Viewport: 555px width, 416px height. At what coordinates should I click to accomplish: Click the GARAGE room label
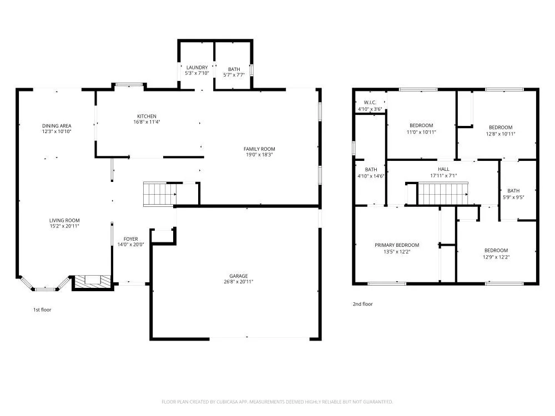(239, 276)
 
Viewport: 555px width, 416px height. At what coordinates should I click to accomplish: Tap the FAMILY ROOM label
(259, 149)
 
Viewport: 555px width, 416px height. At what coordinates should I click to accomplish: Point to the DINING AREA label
(57, 126)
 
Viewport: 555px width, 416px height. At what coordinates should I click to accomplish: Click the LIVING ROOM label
(64, 220)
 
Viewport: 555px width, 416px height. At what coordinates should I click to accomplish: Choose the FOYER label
(130, 239)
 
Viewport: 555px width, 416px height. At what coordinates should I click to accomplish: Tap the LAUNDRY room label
(196, 68)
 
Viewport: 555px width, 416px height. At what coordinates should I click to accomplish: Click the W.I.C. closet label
(370, 103)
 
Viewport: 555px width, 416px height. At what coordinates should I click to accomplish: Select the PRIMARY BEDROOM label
(397, 245)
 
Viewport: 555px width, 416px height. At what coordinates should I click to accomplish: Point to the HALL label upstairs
(443, 169)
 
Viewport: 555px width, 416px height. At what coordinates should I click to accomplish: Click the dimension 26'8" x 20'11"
(239, 282)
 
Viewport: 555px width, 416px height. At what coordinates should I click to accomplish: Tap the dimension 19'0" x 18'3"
(259, 155)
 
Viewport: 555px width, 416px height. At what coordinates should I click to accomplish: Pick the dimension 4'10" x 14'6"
(371, 176)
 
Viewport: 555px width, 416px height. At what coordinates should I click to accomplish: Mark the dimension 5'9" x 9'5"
(513, 197)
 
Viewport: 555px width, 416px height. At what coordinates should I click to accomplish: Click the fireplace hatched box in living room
(89, 282)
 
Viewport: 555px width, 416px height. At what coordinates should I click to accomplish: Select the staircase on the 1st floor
(159, 194)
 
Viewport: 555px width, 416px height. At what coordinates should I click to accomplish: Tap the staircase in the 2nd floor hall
(442, 194)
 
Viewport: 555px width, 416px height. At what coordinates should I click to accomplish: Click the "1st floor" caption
(42, 310)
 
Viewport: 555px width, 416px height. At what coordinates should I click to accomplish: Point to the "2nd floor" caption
(363, 304)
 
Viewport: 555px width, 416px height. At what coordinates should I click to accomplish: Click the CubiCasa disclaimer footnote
(277, 402)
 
